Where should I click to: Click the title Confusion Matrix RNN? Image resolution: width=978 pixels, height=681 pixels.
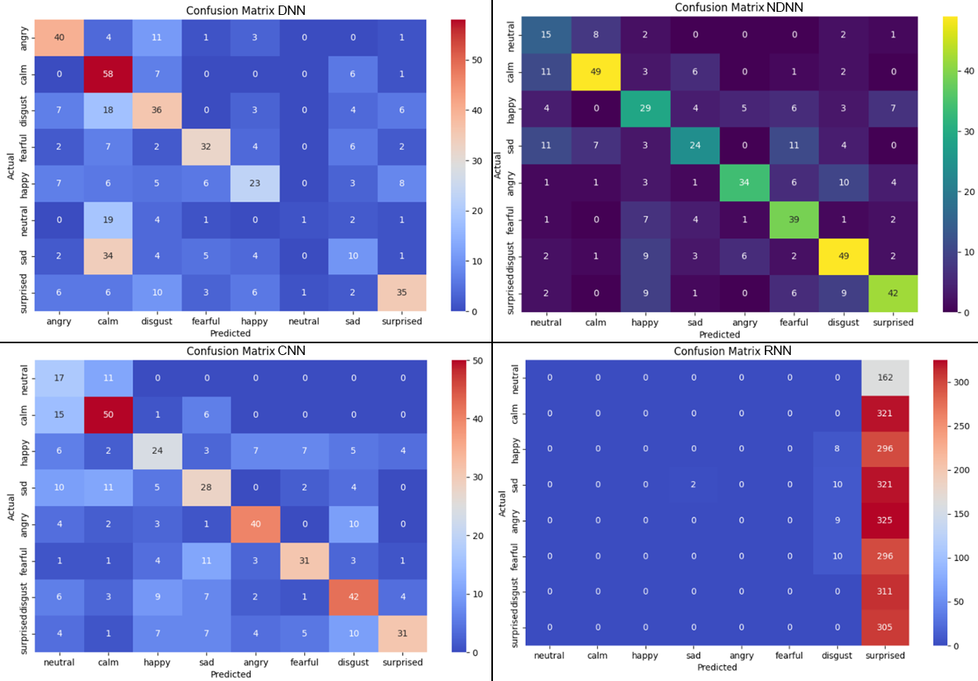733,351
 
